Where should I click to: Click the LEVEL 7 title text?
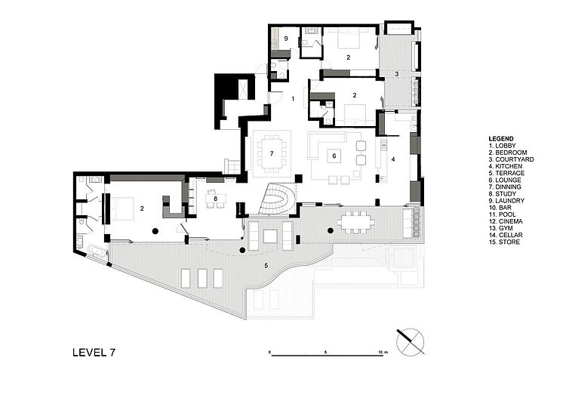point(94,352)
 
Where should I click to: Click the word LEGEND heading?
point(501,139)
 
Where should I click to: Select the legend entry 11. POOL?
point(503,214)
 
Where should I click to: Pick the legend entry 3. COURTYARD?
point(511,159)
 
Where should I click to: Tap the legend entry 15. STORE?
point(504,242)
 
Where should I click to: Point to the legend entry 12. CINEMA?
point(506,221)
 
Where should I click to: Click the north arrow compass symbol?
point(411,341)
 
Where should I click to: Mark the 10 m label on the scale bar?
point(383,351)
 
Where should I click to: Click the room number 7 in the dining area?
point(272,153)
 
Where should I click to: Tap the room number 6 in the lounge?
point(334,156)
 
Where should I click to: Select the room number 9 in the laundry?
point(286,39)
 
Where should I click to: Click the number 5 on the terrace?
point(266,266)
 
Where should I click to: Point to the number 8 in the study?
point(216,199)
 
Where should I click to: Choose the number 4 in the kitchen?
point(393,159)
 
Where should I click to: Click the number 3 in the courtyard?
point(397,74)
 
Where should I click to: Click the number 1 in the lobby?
point(293,99)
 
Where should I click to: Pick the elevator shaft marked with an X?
point(243,89)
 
